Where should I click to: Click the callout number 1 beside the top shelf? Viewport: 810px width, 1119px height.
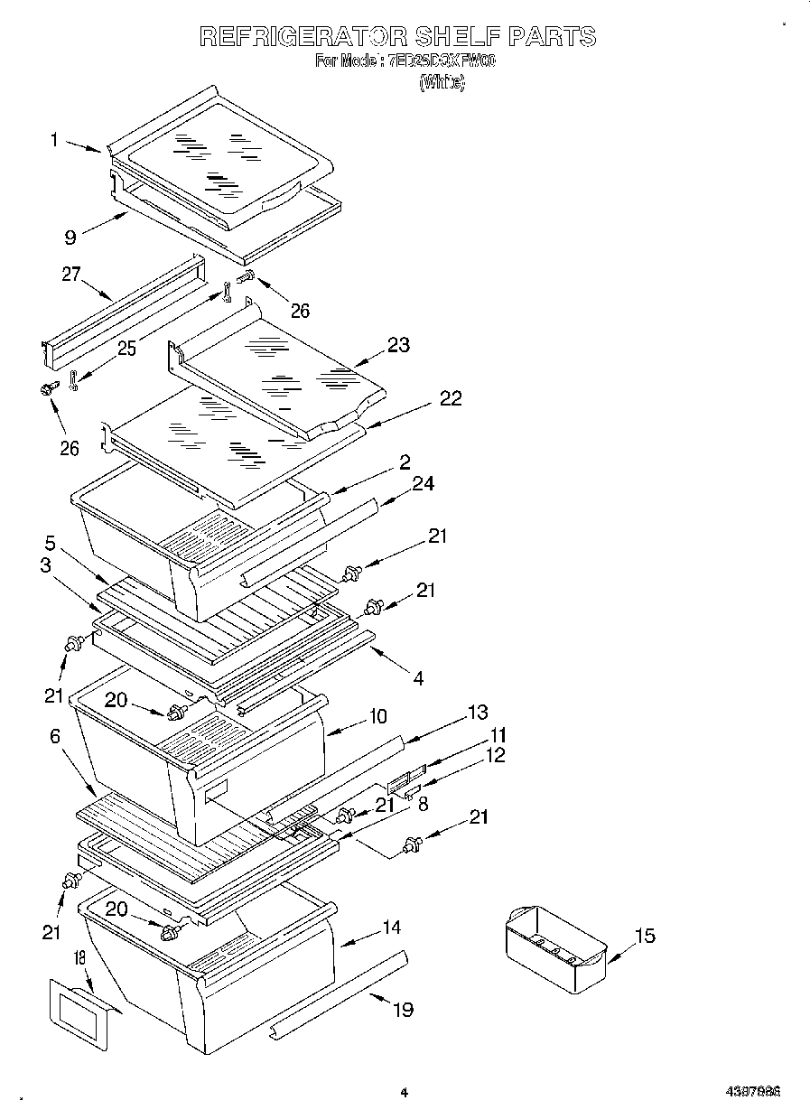pos(55,140)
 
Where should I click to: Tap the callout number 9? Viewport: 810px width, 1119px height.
pos(70,238)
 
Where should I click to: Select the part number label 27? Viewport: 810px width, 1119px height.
pos(71,275)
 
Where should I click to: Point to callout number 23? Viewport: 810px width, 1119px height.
pos(398,344)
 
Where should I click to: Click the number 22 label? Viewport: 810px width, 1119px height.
pos(450,398)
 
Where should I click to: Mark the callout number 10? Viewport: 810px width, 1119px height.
pos(377,716)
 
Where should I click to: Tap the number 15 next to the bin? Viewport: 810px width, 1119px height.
pos(645,936)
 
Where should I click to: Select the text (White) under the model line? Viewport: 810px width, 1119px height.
pos(442,82)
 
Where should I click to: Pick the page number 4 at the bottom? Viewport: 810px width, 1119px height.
pos(404,1092)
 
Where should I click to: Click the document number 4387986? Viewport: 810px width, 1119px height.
pos(751,1092)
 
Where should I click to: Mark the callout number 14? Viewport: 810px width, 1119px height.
pos(392,927)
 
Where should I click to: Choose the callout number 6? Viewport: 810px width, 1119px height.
pos(55,737)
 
